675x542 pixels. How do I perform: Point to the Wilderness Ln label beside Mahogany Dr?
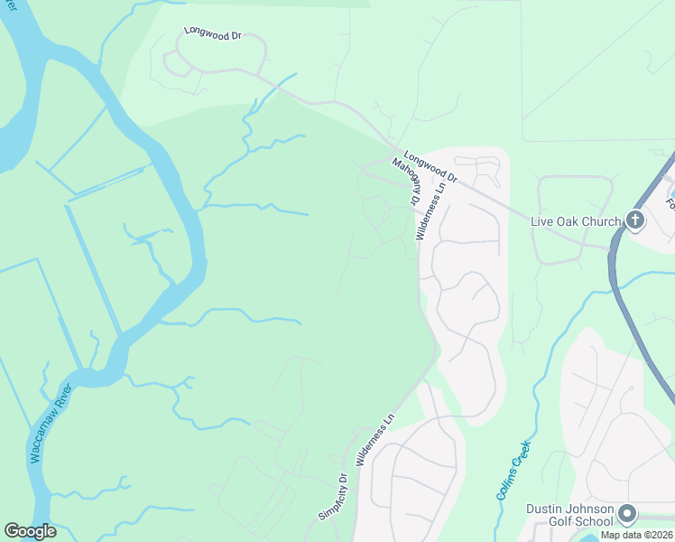pyautogui.click(x=431, y=212)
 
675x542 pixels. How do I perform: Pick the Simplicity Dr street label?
pyautogui.click(x=332, y=497)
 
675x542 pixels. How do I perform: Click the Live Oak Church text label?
pyautogui.click(x=576, y=221)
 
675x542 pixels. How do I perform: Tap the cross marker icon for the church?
pyautogui.click(x=635, y=220)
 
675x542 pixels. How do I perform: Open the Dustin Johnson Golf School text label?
pyautogui.click(x=570, y=514)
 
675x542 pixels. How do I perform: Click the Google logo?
pyautogui.click(x=30, y=531)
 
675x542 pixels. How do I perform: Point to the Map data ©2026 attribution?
pyautogui.click(x=636, y=535)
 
